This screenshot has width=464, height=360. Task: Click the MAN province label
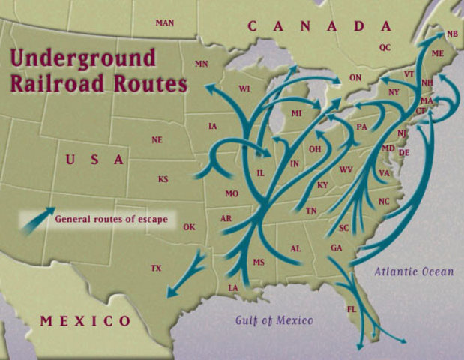point(165,22)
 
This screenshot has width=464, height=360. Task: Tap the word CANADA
point(319,27)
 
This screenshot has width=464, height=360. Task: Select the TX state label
point(156,268)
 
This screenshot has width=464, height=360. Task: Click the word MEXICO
point(85,321)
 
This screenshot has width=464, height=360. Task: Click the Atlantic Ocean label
point(414,271)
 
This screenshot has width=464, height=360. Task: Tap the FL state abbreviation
point(352,309)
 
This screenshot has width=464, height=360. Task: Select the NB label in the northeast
point(452,34)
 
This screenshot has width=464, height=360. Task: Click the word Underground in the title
point(83,58)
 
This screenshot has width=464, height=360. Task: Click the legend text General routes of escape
point(110,220)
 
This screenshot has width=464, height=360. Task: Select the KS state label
point(163,179)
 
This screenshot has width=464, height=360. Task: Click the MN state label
point(201,64)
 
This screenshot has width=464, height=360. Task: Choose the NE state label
point(157,140)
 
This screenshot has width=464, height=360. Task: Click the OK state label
point(189,227)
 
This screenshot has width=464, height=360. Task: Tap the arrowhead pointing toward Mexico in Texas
point(169,294)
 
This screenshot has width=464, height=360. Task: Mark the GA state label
point(336,247)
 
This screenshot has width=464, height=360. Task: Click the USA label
point(94,160)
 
